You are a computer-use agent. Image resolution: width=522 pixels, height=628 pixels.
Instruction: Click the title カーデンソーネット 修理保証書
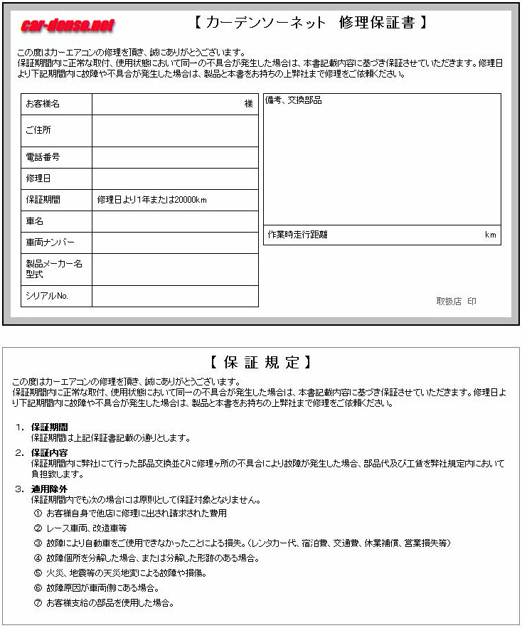pos(311,23)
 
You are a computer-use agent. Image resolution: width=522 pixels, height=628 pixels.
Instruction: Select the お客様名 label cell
pos(43,104)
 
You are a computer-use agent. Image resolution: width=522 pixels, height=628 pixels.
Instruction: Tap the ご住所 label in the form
pos(38,130)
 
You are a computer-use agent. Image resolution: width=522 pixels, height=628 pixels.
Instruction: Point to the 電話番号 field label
pos(43,157)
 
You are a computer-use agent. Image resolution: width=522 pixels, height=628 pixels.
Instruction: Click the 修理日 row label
pos(38,178)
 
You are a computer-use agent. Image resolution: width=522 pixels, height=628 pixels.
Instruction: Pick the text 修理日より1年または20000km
pos(151,200)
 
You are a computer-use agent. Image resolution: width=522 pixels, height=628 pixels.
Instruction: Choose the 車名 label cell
pos(35,221)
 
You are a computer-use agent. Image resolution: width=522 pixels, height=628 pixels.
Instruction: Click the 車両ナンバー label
pos(50,243)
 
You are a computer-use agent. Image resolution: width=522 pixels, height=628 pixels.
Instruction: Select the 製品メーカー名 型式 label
pos(54,269)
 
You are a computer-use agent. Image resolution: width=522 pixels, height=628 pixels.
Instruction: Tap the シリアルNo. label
pos(47,296)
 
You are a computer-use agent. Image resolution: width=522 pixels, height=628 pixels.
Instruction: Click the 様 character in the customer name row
pos(249,104)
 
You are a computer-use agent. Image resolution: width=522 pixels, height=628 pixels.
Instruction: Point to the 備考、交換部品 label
pos(294,101)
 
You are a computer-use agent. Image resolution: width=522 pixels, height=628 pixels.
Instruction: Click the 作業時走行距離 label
pos(298,235)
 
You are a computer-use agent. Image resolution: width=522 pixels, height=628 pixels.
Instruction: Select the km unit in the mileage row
pos(490,235)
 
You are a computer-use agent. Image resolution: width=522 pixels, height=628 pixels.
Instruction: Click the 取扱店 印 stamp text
pos(456,302)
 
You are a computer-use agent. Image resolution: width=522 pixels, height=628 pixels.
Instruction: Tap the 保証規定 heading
pos(261,362)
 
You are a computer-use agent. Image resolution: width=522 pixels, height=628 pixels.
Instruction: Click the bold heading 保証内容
pos(50,452)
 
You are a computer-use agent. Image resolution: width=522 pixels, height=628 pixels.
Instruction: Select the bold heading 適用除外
pos(50,489)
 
